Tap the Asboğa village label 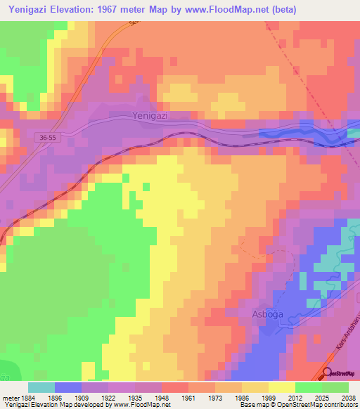(x=268, y=314)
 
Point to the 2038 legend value (x=340, y=398)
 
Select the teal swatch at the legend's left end (x=41, y=387)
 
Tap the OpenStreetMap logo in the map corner (x=340, y=374)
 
